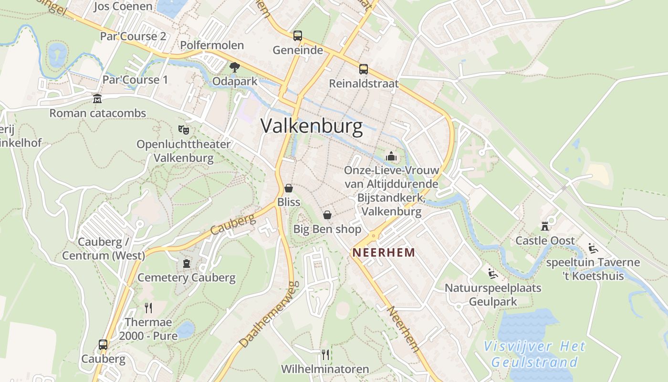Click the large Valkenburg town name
312,127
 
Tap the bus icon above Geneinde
298,35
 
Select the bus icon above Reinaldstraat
364,69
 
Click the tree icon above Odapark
234,67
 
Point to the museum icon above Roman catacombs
97,99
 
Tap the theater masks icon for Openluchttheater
183,129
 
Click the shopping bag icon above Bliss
289,188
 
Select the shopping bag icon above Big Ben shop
327,215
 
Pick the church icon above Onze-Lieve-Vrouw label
391,156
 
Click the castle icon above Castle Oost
545,226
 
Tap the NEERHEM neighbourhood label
384,253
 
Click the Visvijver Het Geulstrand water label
534,354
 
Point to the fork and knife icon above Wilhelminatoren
325,354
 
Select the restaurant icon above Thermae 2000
148,308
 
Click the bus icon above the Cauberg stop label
103,344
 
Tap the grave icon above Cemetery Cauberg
186,263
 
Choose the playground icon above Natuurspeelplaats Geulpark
493,274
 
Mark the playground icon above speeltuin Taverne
593,248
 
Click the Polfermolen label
212,45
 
